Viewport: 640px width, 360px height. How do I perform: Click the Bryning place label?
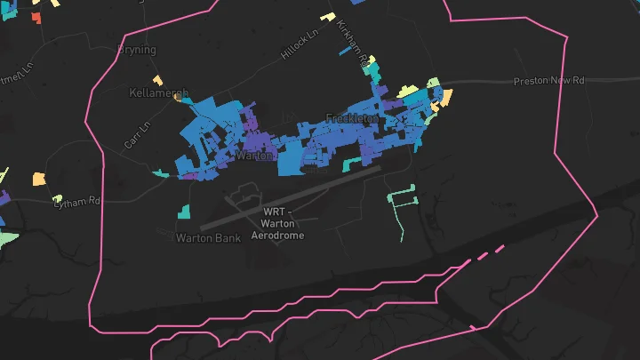(x=137, y=50)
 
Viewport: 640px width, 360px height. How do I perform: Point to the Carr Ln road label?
(x=135, y=135)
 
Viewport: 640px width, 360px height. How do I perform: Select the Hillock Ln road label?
(x=299, y=45)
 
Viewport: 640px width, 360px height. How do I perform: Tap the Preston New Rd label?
(x=549, y=81)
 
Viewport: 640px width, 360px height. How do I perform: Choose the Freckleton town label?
(x=352, y=118)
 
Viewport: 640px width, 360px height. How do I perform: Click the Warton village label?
(x=252, y=156)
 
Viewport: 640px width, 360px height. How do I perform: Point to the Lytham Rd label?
(x=76, y=202)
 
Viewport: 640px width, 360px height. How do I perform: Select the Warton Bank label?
(x=208, y=237)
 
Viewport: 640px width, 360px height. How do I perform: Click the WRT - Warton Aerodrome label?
(x=277, y=224)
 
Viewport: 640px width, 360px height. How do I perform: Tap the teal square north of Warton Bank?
(x=183, y=212)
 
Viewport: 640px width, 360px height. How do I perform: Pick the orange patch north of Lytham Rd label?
(x=39, y=179)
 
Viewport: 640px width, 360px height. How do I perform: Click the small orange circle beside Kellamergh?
(x=178, y=100)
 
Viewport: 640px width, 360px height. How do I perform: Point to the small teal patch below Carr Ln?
(x=160, y=172)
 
